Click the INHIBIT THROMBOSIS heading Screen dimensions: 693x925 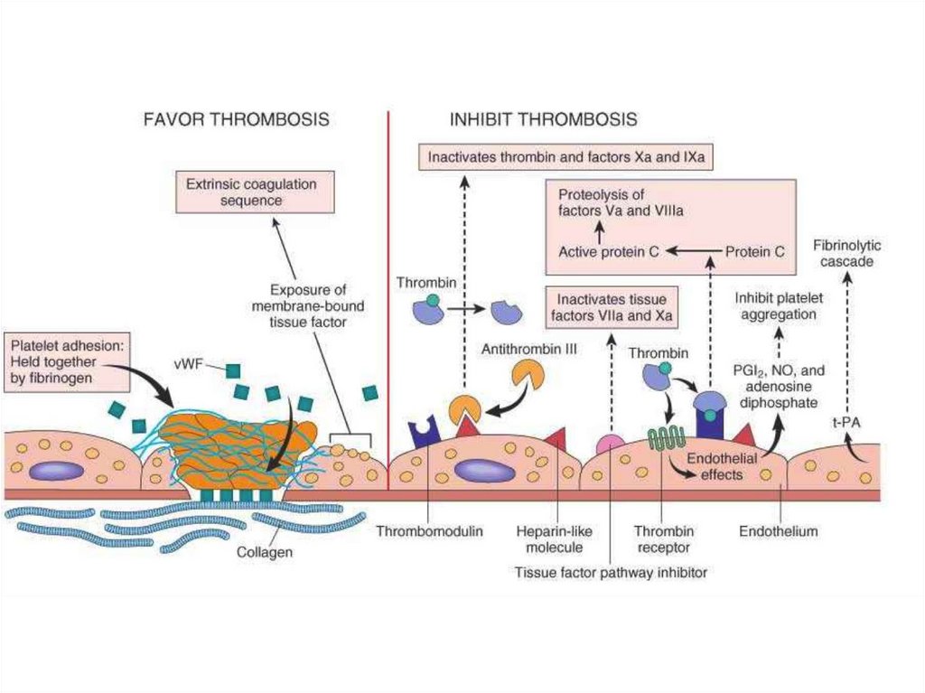tap(544, 119)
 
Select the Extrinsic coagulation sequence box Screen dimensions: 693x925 tap(251, 192)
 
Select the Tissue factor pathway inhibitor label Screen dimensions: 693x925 tap(610, 572)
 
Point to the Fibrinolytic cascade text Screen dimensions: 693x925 tap(846, 254)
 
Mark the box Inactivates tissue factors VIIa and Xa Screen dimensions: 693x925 tap(612, 307)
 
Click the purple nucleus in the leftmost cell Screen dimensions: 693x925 tap(55, 471)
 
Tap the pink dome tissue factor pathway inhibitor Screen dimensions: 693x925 tap(611, 444)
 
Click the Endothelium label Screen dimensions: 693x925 tap(778, 532)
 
